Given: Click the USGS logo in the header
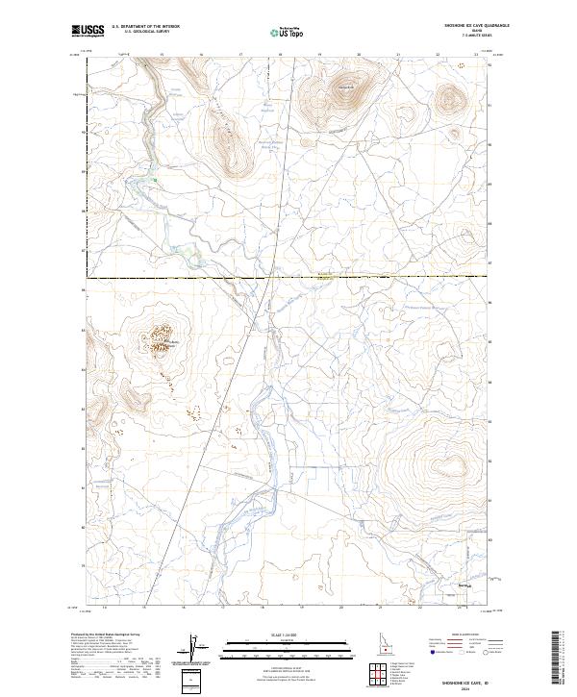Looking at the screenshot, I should (x=88, y=31).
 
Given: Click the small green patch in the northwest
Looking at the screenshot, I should (x=154, y=179).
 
